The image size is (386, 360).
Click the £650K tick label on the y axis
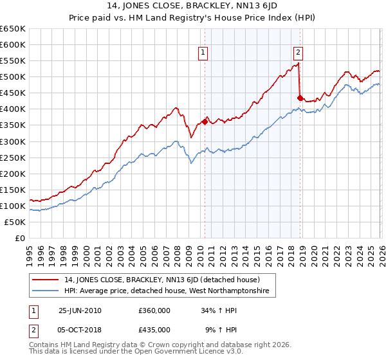(12, 29)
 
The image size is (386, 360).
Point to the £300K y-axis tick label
(12, 141)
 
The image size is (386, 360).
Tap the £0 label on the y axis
(20, 238)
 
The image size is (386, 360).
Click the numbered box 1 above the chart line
(203, 53)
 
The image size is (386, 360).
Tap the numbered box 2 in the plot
(299, 53)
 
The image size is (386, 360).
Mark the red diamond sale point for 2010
(205, 122)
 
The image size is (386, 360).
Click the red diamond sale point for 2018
(299, 98)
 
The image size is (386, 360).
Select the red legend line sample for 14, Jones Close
(46, 280)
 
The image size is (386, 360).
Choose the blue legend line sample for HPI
(46, 291)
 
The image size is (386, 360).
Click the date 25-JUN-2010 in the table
(80, 310)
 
